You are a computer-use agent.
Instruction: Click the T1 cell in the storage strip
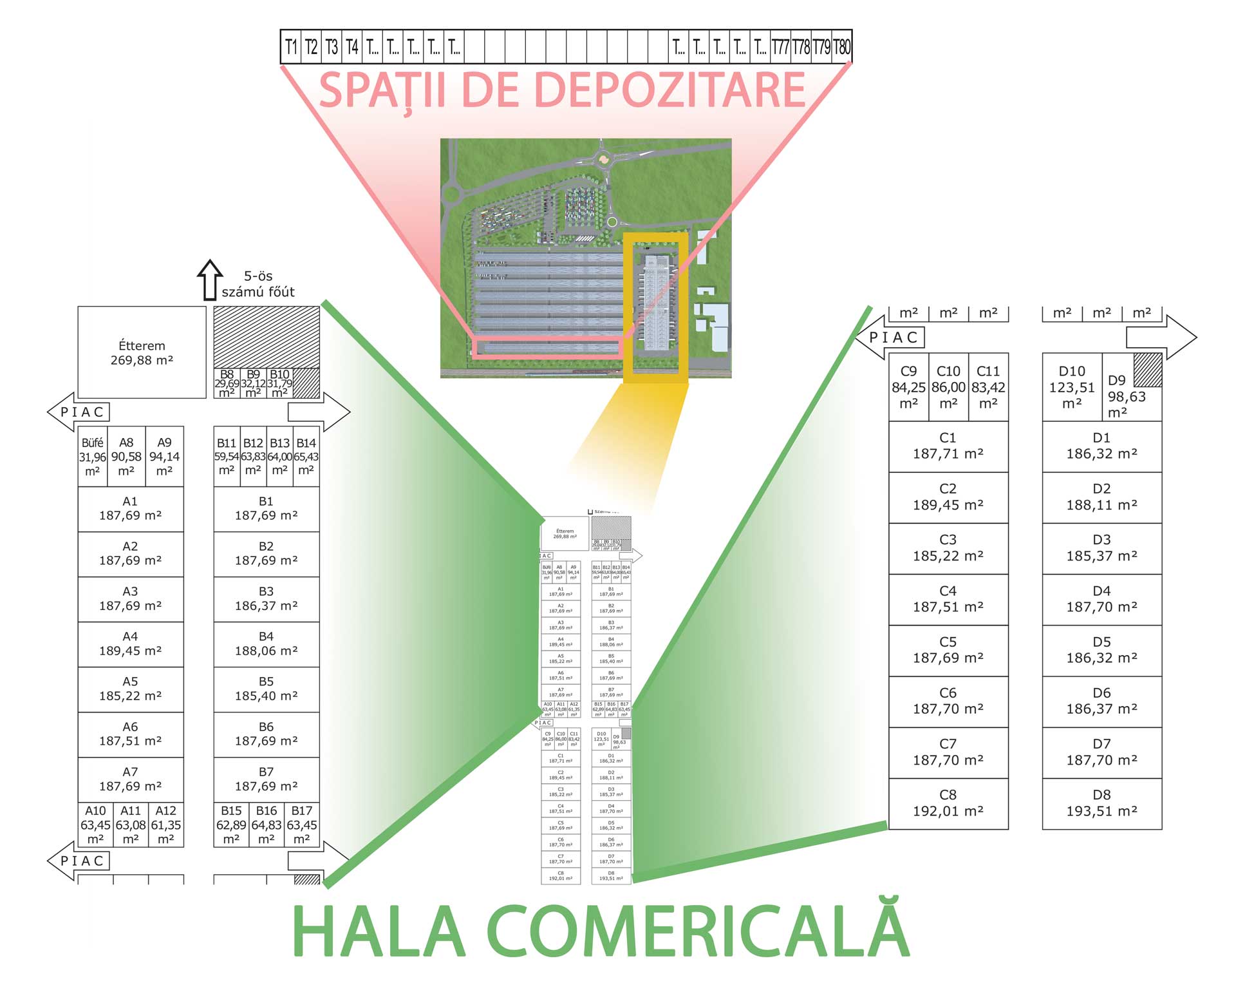(x=291, y=47)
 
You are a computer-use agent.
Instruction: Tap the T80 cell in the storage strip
(x=841, y=47)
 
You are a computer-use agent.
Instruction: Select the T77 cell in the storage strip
(x=780, y=47)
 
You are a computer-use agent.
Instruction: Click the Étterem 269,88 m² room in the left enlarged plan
(x=142, y=352)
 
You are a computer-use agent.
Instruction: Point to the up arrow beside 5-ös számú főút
(x=209, y=280)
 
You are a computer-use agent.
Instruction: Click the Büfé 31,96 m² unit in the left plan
(x=92, y=457)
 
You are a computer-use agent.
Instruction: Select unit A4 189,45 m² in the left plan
(x=130, y=644)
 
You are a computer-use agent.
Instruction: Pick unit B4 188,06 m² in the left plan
(x=266, y=644)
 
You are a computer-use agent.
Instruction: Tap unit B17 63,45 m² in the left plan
(x=301, y=825)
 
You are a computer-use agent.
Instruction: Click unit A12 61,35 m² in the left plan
(x=165, y=825)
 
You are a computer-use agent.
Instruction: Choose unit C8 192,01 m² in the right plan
(x=948, y=803)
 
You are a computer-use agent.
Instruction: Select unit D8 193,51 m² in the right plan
(x=1101, y=803)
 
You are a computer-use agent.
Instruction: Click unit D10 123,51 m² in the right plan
(x=1071, y=387)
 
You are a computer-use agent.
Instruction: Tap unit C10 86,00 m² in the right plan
(x=948, y=387)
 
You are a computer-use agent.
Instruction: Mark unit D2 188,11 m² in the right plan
(x=1101, y=497)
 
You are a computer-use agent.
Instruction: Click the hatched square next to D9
(x=1147, y=370)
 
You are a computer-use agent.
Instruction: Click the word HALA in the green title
(x=379, y=931)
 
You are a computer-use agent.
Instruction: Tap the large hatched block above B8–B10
(x=267, y=336)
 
